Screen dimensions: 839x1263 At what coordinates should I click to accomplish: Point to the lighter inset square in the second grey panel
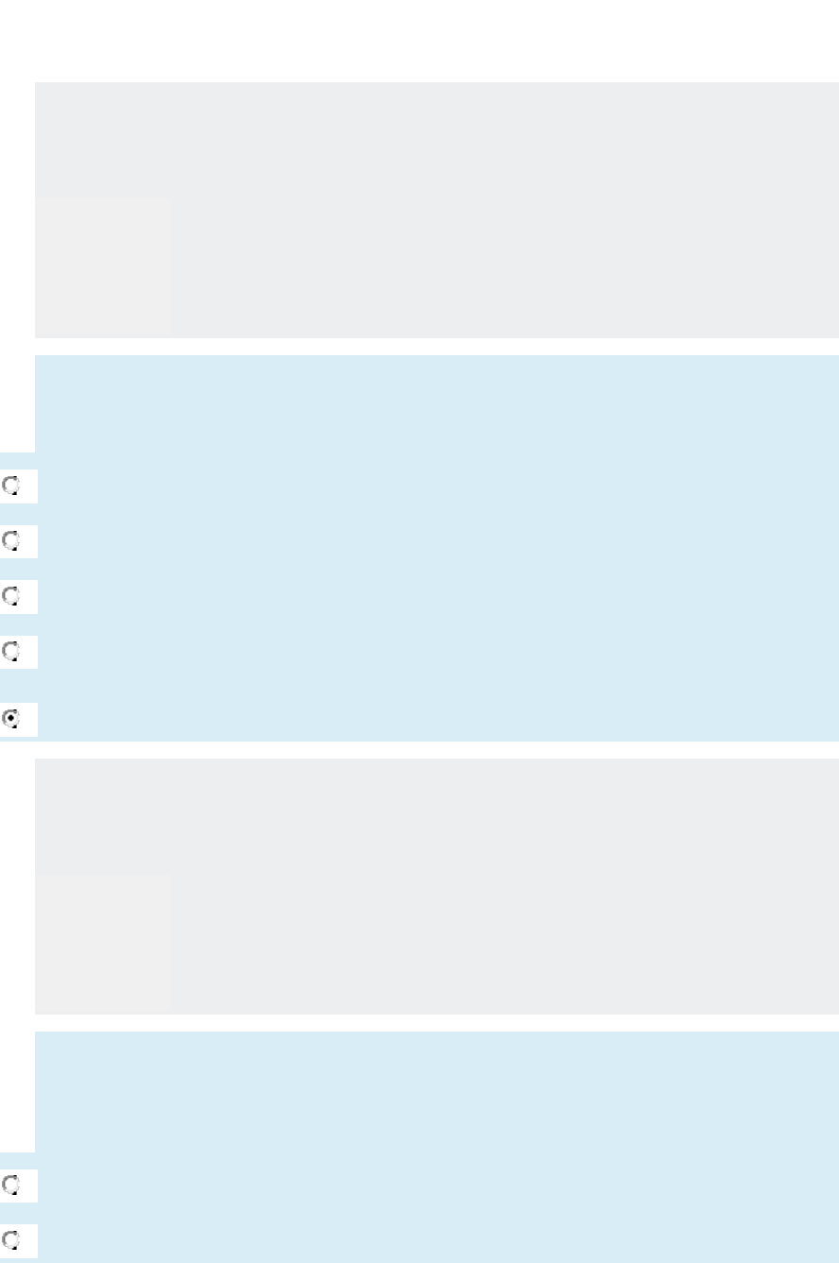point(103,942)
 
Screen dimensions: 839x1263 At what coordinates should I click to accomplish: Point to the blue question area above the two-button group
point(435,1091)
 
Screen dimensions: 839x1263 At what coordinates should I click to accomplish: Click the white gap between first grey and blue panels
point(435,347)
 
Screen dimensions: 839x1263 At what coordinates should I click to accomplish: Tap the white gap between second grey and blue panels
point(435,1023)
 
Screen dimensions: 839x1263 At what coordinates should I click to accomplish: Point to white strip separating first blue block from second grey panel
point(435,750)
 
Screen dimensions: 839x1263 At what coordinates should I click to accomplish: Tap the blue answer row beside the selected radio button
point(435,719)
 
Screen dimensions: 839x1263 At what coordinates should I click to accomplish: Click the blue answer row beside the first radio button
point(435,486)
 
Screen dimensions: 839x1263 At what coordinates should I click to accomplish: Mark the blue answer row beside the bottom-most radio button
point(435,1240)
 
